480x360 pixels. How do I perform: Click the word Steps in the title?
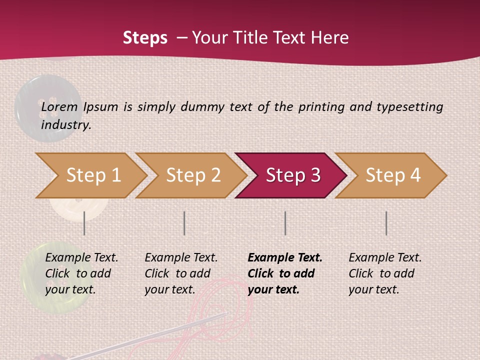(145, 38)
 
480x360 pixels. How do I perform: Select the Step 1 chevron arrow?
(90, 175)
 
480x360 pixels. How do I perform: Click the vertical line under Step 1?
(84, 223)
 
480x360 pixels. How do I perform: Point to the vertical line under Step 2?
(184, 223)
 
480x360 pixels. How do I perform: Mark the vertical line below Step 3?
(285, 223)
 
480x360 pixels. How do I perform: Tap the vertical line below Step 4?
(386, 223)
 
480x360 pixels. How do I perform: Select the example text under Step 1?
(81, 273)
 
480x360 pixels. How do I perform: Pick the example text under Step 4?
(385, 273)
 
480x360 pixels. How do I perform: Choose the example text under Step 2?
(181, 273)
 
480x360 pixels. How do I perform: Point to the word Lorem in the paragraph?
(59, 106)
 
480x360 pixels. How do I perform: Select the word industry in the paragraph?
(65, 124)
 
